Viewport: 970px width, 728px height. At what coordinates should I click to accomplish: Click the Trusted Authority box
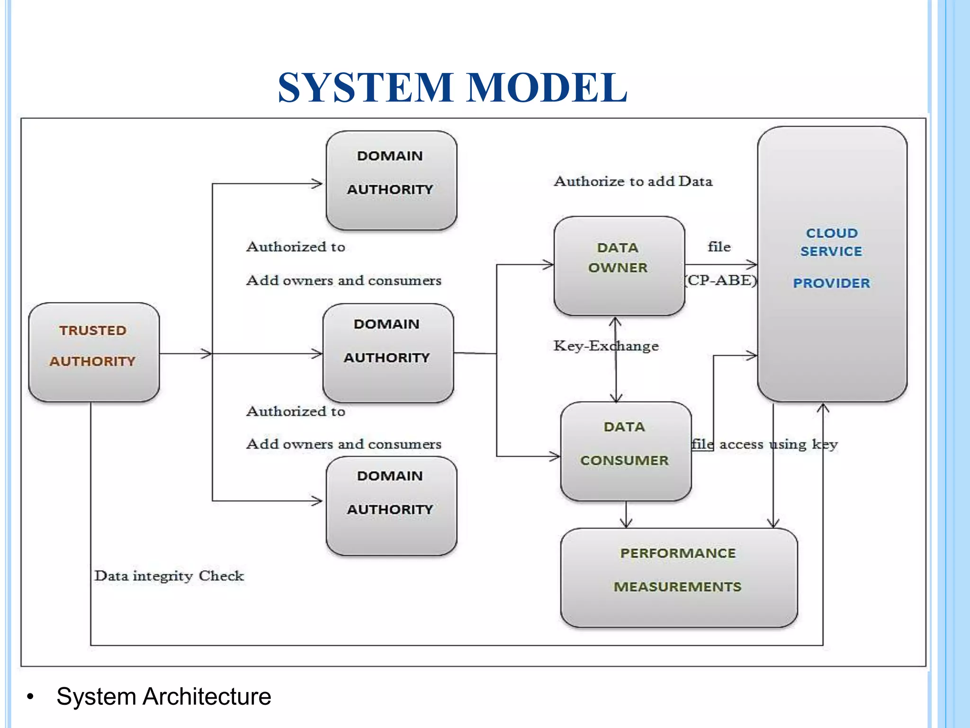click(x=94, y=352)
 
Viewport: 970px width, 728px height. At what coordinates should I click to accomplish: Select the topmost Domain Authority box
click(x=391, y=181)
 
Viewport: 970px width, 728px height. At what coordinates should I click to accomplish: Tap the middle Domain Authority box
click(x=388, y=353)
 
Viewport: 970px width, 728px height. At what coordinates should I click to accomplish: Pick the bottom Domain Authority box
click(x=391, y=506)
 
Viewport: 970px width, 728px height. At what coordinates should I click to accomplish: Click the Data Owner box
click(x=619, y=265)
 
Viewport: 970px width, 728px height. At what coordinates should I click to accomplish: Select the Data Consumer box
click(x=626, y=451)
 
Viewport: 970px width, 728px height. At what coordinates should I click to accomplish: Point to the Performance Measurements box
click(x=678, y=577)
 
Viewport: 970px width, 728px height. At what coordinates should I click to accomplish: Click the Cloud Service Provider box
click(x=832, y=264)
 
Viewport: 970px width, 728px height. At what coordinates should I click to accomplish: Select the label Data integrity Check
click(x=169, y=576)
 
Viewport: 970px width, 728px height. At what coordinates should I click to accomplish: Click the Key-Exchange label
click(x=606, y=346)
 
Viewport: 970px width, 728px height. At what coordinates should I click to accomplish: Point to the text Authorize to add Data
click(x=633, y=181)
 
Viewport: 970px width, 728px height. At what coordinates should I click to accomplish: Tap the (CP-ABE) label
click(x=721, y=280)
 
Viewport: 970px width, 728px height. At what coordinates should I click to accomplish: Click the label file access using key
click(x=764, y=444)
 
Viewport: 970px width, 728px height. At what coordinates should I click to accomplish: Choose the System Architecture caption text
click(x=163, y=696)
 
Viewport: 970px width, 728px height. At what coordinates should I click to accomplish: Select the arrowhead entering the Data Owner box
click(x=548, y=264)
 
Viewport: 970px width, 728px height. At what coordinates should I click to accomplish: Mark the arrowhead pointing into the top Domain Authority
click(x=317, y=183)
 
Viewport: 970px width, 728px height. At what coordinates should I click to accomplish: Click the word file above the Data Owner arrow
click(x=719, y=246)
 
